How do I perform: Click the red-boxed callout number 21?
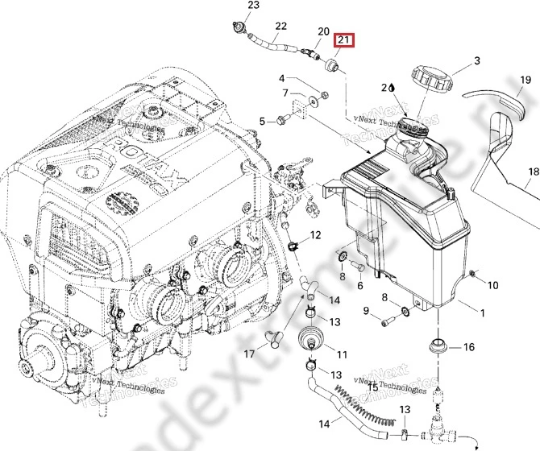point(345,40)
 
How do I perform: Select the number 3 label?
point(476,61)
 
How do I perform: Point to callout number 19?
point(525,81)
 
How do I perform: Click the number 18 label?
point(533,172)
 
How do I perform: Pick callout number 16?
point(468,349)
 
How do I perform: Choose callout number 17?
point(250,353)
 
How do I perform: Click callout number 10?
point(493,285)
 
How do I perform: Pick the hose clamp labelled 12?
point(295,242)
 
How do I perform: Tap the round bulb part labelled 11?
point(310,338)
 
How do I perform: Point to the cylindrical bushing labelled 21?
point(330,64)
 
